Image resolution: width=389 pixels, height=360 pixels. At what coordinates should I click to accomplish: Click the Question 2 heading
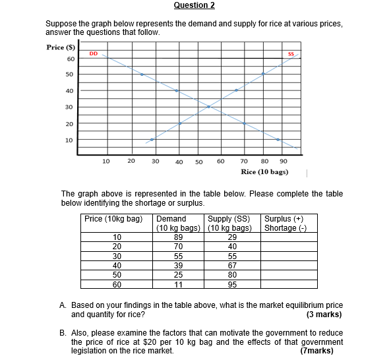tap(194, 6)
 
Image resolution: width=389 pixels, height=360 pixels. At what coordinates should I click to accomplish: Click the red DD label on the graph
tap(94, 53)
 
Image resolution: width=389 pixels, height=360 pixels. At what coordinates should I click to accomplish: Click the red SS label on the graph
tap(290, 53)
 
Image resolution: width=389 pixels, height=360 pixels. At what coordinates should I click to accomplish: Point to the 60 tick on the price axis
tap(69, 59)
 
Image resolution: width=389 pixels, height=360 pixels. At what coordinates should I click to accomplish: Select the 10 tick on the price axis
tap(69, 140)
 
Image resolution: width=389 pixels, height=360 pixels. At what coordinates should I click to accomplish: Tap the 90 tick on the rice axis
tap(283, 160)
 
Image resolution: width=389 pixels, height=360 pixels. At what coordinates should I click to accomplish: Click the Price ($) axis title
tap(61, 47)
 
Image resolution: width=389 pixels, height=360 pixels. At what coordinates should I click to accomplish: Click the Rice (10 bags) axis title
tap(264, 171)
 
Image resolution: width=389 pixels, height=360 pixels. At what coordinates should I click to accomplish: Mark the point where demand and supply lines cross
tap(209, 106)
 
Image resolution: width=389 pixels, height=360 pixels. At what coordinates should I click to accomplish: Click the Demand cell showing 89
tap(178, 237)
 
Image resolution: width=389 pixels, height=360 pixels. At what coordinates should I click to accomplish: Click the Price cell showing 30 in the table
tap(117, 256)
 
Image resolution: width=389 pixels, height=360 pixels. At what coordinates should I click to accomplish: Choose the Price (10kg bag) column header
tap(114, 219)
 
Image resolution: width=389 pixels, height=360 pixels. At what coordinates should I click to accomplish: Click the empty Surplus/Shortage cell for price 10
tap(288, 237)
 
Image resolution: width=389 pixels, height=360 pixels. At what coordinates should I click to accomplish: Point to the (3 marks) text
tap(324, 315)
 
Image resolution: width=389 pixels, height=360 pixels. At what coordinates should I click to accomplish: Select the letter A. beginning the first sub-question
tap(63, 306)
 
